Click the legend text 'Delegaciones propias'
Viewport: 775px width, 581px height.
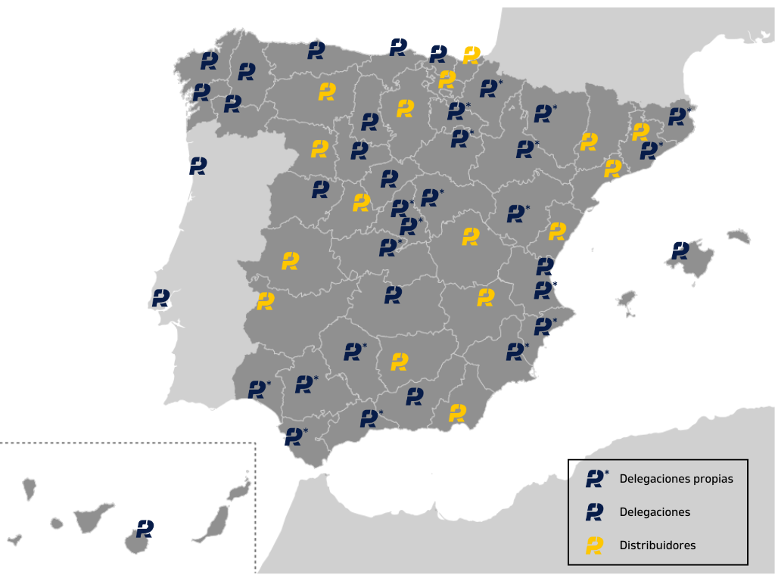click(x=676, y=479)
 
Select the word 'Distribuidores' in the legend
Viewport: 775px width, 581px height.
click(x=657, y=545)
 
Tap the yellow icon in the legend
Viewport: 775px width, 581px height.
click(x=595, y=545)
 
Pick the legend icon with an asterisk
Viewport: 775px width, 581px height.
click(x=596, y=478)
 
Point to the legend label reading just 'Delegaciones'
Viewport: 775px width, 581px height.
click(x=655, y=512)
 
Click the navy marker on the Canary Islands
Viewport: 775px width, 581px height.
click(x=145, y=528)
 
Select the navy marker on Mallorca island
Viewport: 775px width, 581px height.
click(x=680, y=250)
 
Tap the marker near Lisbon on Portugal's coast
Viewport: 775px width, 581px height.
click(x=160, y=297)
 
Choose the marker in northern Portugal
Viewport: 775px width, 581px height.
click(x=198, y=166)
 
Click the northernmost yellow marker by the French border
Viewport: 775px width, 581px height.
click(x=472, y=54)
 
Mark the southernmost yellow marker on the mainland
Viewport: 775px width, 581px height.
click(x=457, y=412)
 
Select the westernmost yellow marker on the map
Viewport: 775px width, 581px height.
click(x=265, y=300)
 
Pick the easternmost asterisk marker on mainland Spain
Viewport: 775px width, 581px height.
click(x=678, y=117)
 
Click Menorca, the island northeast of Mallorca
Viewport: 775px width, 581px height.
click(x=739, y=237)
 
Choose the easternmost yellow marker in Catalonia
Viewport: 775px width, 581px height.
click(x=640, y=132)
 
